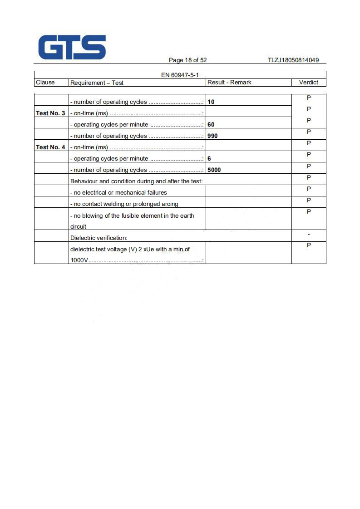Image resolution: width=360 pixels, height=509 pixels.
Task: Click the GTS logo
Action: (72, 47)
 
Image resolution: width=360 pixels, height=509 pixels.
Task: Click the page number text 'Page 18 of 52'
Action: (187, 60)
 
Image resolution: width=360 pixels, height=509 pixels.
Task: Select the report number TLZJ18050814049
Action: (293, 60)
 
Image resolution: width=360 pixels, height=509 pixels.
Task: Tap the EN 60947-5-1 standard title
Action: (180, 75)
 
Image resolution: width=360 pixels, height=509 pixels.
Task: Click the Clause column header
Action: (45, 83)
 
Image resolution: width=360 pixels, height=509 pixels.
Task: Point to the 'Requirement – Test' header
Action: (97, 83)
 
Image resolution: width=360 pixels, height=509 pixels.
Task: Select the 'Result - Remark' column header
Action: (229, 83)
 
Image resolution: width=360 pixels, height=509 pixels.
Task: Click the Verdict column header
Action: (309, 83)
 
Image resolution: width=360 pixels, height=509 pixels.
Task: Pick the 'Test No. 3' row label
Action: (50, 113)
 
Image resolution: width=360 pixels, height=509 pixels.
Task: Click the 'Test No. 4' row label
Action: (50, 147)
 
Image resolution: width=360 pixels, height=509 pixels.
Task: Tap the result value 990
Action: (212, 136)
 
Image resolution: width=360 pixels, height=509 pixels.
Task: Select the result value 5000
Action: (214, 170)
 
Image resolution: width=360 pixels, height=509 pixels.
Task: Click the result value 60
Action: (211, 124)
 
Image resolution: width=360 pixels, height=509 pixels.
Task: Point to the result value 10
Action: (211, 102)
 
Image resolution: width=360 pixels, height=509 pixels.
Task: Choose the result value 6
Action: (209, 158)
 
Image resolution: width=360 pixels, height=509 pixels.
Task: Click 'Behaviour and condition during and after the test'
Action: (136, 181)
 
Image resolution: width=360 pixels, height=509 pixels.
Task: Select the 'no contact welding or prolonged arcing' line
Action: (124, 204)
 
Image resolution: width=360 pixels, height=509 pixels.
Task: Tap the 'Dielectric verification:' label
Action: (99, 238)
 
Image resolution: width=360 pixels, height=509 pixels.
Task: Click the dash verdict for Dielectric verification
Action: (309, 234)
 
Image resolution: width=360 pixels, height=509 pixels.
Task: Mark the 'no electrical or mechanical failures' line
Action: (118, 192)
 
